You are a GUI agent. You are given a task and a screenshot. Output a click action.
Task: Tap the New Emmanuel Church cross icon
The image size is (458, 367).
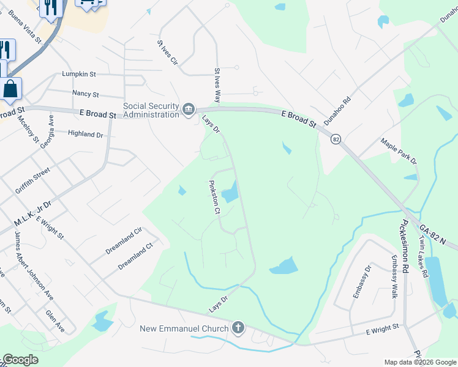(x=238, y=328)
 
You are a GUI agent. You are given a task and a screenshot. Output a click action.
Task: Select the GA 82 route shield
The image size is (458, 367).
(x=336, y=139)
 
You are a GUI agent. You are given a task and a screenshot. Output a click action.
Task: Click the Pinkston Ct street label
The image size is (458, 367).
(x=214, y=197)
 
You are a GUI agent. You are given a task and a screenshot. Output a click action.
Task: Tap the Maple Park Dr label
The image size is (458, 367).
(x=399, y=152)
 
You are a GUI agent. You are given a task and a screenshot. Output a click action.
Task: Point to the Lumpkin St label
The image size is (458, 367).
(x=79, y=74)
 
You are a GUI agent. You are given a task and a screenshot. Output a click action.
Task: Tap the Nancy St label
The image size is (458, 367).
(x=85, y=94)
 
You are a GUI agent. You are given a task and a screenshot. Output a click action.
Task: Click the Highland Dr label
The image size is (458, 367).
(x=85, y=133)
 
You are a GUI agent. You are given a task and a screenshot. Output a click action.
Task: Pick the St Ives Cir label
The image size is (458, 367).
(x=167, y=53)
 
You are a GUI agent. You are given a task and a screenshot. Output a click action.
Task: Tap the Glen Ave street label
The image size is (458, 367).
(x=54, y=320)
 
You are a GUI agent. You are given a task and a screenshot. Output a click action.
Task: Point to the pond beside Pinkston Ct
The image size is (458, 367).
(x=230, y=195)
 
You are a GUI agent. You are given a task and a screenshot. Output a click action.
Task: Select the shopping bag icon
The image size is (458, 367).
(x=10, y=89)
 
